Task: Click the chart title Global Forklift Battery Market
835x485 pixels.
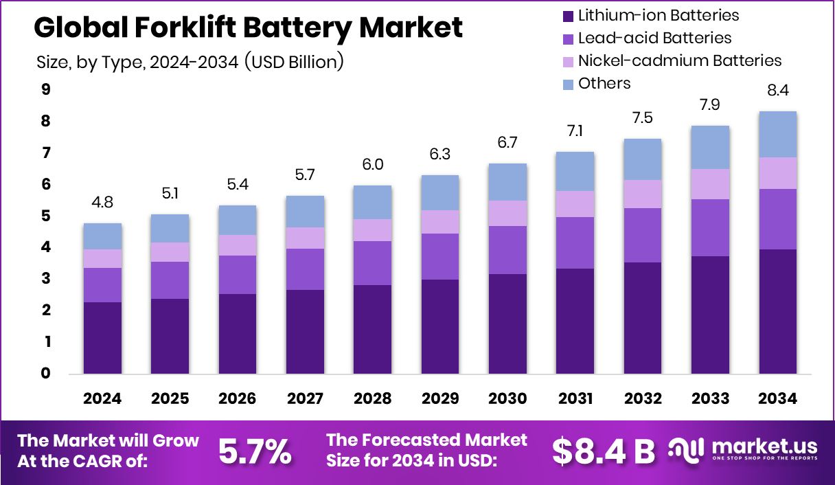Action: [248, 28]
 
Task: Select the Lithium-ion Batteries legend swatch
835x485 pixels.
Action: [568, 15]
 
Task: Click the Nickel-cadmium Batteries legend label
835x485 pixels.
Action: [679, 60]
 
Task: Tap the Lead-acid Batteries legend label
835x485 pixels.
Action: [654, 38]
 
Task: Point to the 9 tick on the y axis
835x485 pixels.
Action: [45, 89]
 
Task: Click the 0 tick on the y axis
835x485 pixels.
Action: [45, 374]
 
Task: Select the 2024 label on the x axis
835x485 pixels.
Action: [103, 399]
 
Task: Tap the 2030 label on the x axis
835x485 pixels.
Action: [507, 399]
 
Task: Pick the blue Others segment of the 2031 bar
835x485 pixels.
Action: [575, 171]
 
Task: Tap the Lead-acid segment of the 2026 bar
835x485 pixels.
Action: [238, 274]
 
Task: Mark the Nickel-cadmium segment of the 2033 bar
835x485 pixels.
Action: [710, 183]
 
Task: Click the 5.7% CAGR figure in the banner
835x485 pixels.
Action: [255, 451]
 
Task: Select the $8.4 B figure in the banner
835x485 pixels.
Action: [604, 451]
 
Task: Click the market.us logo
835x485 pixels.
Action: [744, 450]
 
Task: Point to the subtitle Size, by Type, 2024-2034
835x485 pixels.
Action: [190, 62]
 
